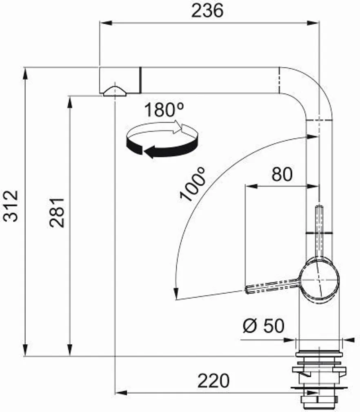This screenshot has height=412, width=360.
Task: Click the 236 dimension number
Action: click(x=207, y=11)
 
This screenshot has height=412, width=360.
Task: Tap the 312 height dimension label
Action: click(x=11, y=206)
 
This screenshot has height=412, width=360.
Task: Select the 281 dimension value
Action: click(x=57, y=212)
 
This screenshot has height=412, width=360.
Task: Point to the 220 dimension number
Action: click(x=213, y=381)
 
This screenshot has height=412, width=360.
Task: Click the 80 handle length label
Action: click(x=282, y=174)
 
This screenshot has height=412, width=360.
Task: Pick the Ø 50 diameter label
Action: click(x=264, y=326)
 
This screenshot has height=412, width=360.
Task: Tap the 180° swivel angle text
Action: click(x=164, y=110)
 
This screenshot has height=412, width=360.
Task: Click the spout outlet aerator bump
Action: click(x=115, y=91)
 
